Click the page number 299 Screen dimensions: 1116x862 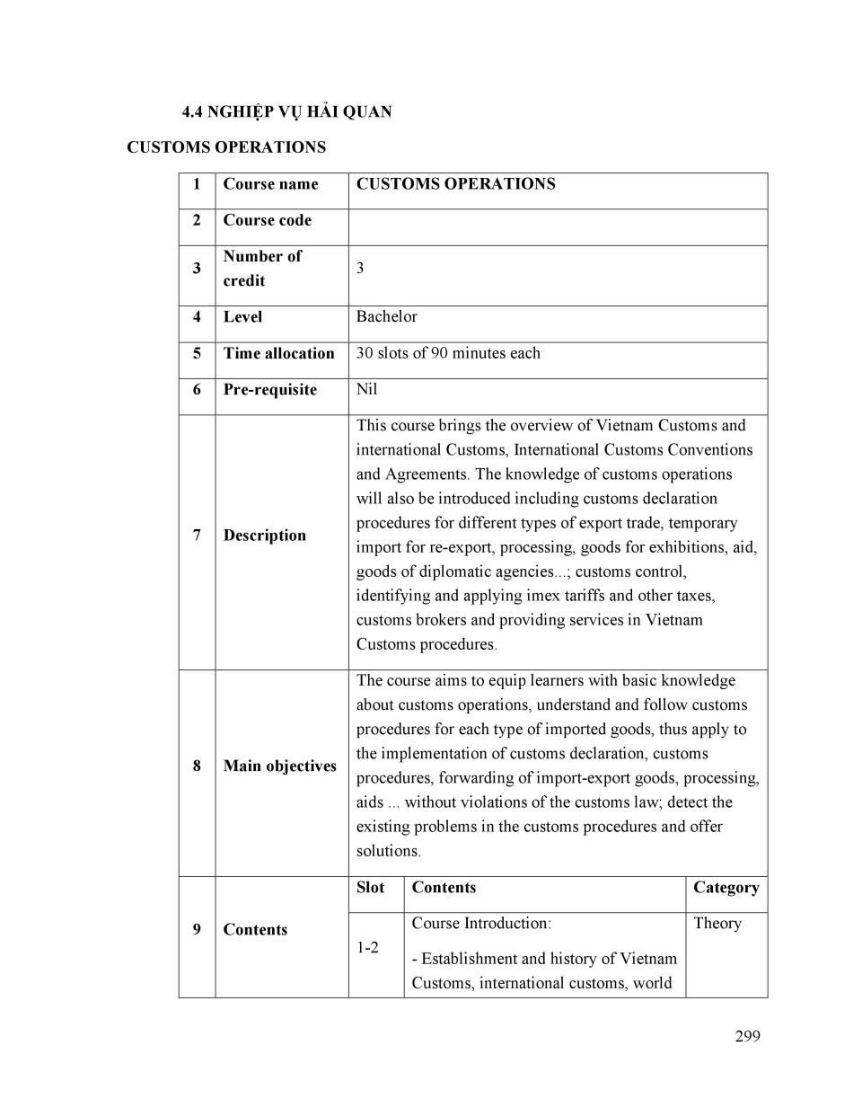[x=747, y=1036]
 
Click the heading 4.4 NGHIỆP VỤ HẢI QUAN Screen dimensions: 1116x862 [x=286, y=112]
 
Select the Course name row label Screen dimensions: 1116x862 [x=270, y=184]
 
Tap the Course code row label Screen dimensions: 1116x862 [x=267, y=220]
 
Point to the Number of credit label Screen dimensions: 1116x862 [x=261, y=268]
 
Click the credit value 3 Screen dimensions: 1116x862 [x=360, y=268]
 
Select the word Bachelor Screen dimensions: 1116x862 [x=386, y=316]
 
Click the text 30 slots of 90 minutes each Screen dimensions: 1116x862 [x=448, y=353]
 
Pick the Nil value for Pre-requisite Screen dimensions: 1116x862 [x=366, y=389]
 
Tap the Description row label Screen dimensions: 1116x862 [x=264, y=536]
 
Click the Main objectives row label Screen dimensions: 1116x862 [x=279, y=766]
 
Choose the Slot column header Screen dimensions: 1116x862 [x=370, y=888]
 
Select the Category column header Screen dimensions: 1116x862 [x=726, y=888]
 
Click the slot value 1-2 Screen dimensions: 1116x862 [x=367, y=947]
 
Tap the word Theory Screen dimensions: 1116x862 [x=717, y=923]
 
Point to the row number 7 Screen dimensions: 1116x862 [x=197, y=536]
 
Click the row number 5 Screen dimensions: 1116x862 [x=197, y=353]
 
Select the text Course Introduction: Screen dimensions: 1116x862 [x=481, y=923]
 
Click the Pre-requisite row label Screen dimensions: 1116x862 [x=269, y=389]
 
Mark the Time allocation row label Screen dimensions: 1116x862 [x=278, y=353]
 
